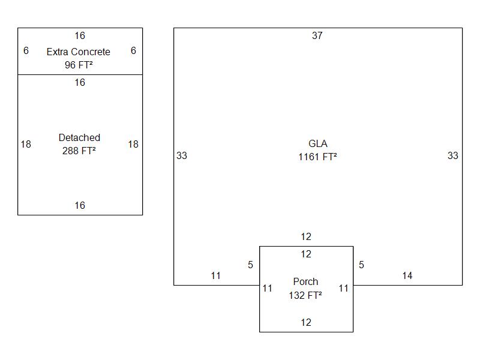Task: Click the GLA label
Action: point(317,144)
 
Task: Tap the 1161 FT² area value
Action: point(317,157)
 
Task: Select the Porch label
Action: point(305,281)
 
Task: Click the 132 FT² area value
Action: point(305,295)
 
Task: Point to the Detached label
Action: point(79,138)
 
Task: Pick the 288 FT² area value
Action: point(79,151)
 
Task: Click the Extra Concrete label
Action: point(79,52)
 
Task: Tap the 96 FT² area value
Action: point(79,65)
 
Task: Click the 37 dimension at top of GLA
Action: point(317,36)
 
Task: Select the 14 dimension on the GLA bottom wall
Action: point(407,276)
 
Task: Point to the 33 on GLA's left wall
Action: point(182,156)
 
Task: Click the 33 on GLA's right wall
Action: point(453,156)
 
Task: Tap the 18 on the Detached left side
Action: point(26,144)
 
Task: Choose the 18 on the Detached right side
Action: point(133,144)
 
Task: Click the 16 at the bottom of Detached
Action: point(80,206)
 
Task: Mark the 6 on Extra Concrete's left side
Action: point(26,51)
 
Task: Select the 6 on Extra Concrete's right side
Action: point(133,51)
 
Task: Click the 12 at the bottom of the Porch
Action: point(306,323)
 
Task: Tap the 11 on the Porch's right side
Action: point(343,289)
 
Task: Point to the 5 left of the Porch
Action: point(251,265)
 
